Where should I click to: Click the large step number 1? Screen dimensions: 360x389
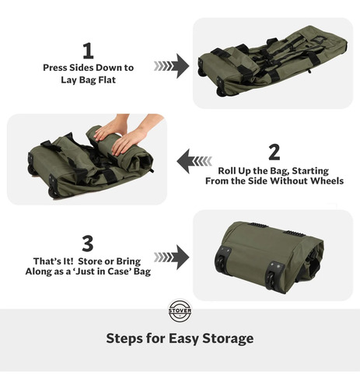click(88, 51)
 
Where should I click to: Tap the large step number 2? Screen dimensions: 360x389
click(274, 152)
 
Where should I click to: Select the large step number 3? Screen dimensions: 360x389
click(88, 244)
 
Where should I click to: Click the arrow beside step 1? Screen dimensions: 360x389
click(171, 66)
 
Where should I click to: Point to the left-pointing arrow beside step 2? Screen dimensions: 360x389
click(194, 161)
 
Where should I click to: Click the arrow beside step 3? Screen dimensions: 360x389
click(171, 258)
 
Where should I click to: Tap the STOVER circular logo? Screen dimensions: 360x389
click(180, 310)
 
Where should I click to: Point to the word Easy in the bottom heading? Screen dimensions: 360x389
click(183, 339)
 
